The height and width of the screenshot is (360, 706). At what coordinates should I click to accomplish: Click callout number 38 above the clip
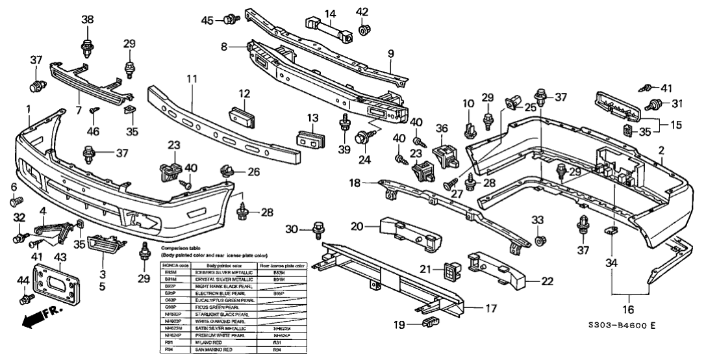(87, 19)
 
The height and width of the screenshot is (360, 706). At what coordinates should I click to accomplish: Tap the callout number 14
(330, 13)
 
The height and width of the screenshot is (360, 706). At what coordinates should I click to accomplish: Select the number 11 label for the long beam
(192, 79)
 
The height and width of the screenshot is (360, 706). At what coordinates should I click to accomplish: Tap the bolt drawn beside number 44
(28, 300)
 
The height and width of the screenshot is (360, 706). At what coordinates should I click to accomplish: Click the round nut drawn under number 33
(538, 242)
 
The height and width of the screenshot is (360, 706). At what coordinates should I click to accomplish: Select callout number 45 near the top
(207, 20)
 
